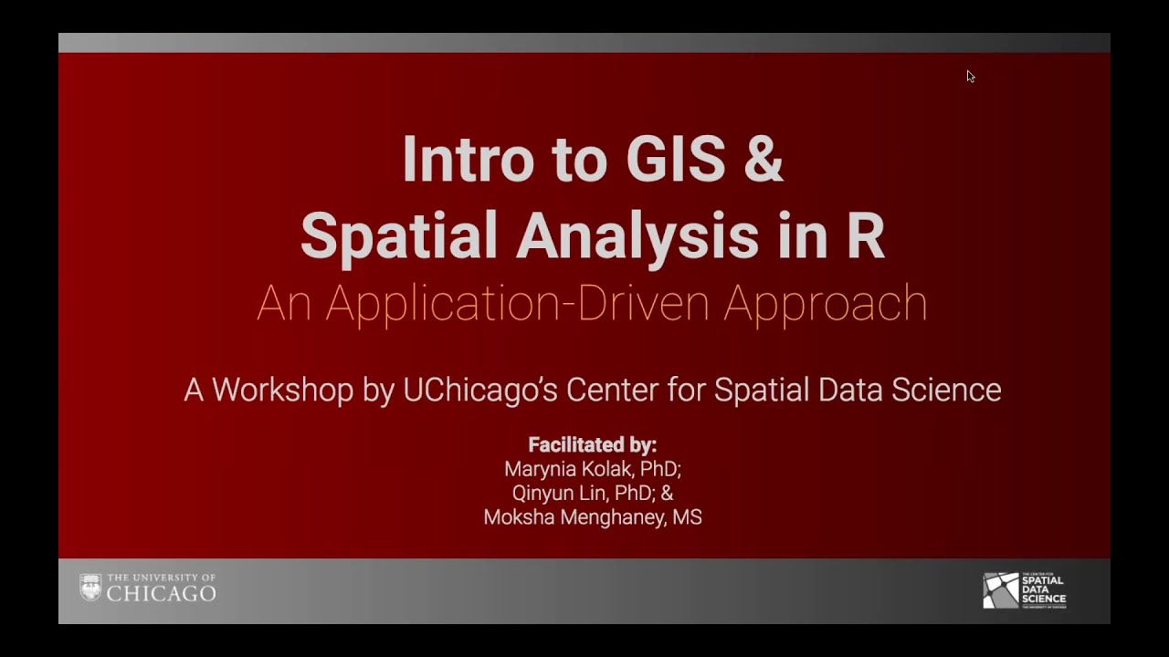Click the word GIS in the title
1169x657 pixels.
click(675, 159)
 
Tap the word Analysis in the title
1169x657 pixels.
click(637, 235)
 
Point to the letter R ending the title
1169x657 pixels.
click(864, 235)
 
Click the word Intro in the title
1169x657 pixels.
click(467, 159)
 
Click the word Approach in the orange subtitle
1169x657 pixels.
click(826, 304)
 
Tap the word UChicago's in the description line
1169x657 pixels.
click(480, 390)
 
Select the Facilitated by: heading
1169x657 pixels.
click(592, 445)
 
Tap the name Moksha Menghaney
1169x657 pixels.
click(574, 517)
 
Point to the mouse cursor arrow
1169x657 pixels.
click(970, 77)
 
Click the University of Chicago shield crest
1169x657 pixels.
click(90, 587)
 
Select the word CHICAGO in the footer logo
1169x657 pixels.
click(162, 594)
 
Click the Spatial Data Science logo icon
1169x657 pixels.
click(1000, 590)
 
